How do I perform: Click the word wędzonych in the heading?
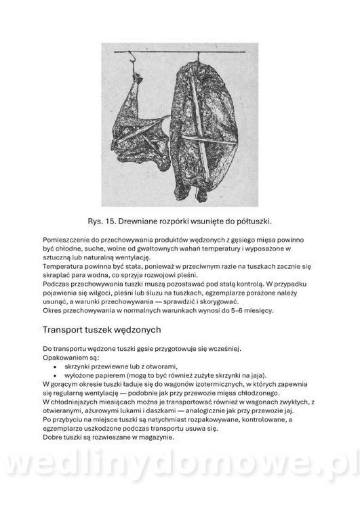136,330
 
